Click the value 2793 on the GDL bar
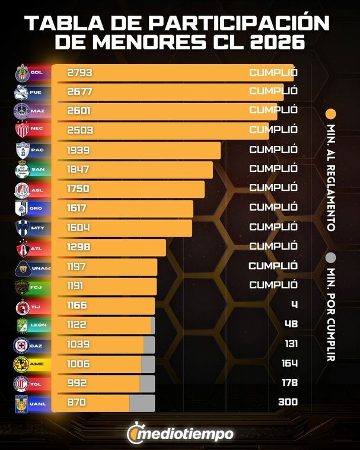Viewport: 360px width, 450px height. [80, 73]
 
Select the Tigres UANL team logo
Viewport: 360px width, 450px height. [22, 403]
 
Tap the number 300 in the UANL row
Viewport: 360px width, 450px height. [288, 403]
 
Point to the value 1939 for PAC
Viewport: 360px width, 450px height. [80, 150]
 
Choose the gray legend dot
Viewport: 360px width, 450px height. [331, 257]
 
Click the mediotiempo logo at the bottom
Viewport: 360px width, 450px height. [180, 433]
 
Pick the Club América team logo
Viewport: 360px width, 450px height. [22, 363]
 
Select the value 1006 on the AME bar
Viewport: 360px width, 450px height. [80, 363]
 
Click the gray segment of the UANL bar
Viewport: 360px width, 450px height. [142, 403]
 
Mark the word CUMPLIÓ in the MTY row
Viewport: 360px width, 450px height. [273, 227]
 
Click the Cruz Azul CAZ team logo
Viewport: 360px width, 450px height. [22, 344]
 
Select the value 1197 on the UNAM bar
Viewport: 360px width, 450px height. [79, 266]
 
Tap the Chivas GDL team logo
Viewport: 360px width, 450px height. [22, 73]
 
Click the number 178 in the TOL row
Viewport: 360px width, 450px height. [289, 383]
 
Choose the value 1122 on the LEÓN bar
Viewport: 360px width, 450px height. [79, 324]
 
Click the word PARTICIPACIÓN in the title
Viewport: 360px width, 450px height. [239, 23]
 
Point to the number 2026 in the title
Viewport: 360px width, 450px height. [275, 43]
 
